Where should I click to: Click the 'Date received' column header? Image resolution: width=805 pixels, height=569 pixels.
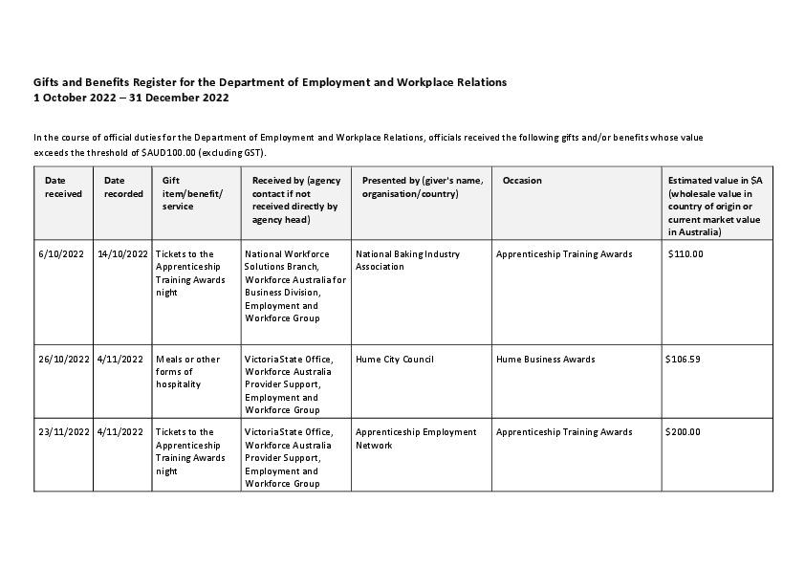click(63, 186)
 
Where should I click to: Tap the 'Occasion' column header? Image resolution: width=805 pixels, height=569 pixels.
click(522, 180)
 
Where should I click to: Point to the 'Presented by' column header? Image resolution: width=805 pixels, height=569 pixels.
click(422, 186)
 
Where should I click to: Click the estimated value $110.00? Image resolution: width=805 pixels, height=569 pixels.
click(685, 254)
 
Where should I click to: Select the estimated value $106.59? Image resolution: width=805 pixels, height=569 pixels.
click(683, 360)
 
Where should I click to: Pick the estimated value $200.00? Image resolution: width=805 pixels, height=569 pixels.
click(683, 432)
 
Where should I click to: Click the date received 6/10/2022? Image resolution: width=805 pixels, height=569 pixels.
click(62, 254)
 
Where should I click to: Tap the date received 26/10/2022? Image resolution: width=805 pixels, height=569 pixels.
click(64, 360)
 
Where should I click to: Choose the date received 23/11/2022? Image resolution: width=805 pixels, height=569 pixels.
click(64, 432)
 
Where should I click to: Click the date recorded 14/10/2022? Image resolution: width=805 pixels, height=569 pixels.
click(122, 254)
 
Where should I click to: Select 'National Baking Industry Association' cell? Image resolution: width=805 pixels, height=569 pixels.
click(407, 260)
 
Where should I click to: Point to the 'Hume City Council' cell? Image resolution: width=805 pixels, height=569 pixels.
click(394, 360)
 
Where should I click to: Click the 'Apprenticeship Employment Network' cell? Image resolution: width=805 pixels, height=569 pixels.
click(415, 438)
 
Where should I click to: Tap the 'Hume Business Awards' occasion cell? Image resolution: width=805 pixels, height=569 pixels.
click(545, 360)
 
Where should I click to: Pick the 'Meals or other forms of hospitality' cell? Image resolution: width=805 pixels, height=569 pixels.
click(187, 372)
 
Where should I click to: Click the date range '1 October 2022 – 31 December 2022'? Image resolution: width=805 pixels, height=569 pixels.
click(131, 98)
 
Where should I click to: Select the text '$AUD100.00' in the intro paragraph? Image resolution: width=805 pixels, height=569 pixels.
click(168, 153)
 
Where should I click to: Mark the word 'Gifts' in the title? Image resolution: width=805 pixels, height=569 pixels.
click(47, 82)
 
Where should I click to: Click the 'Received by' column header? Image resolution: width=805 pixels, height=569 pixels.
click(295, 199)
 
